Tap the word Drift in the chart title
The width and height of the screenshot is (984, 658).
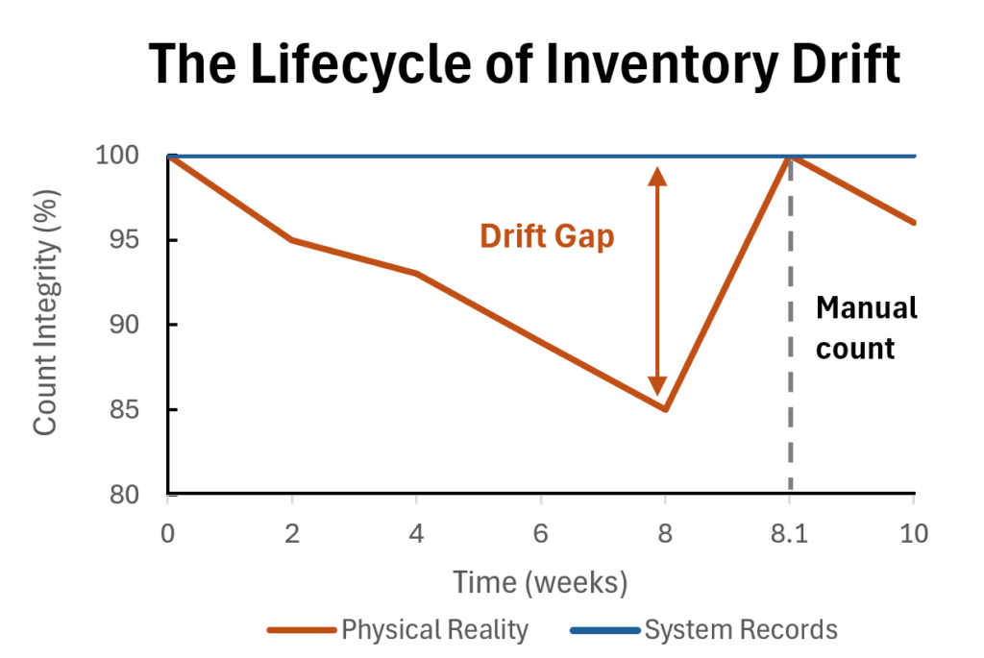831,65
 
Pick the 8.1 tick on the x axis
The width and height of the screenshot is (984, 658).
790,534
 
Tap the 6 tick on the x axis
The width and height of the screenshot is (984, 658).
541,534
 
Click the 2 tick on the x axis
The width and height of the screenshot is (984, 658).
292,534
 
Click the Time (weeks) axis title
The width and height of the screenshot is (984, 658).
541,581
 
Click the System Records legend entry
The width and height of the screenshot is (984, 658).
740,630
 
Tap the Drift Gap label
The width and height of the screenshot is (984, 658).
547,236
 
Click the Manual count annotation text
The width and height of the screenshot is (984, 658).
865,328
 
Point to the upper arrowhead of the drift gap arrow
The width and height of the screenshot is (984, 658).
657,176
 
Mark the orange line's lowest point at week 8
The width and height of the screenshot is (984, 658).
665,410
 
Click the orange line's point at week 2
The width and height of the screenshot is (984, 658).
292,240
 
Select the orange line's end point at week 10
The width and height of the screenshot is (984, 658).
913,223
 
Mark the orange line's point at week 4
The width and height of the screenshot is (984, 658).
416,274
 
